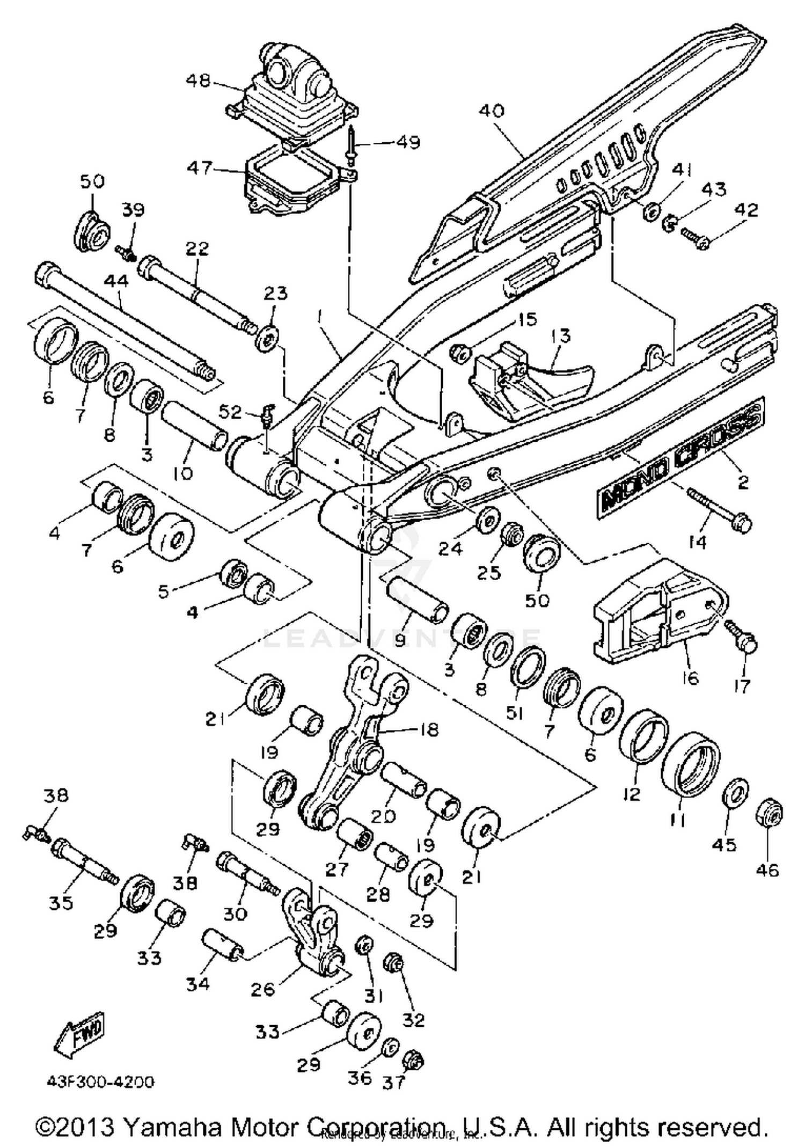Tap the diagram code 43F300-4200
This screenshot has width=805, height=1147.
click(100, 1081)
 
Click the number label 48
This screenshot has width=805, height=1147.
click(199, 81)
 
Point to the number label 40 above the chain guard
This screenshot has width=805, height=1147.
click(491, 111)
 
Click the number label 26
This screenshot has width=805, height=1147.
click(263, 989)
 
